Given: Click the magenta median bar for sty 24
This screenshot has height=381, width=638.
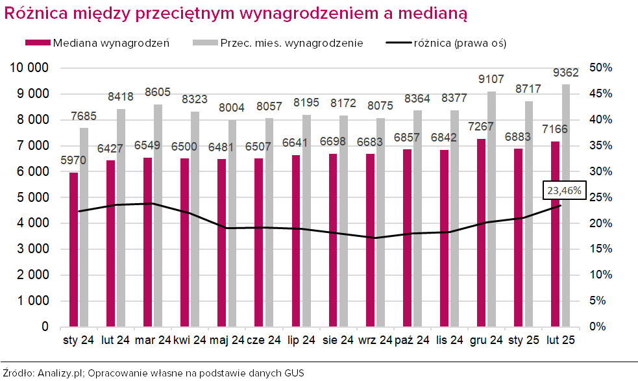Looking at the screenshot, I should pos(74,249).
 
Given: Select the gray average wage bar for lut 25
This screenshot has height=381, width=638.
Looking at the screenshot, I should pos(567,205).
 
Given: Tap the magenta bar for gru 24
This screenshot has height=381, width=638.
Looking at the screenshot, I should pos(481,232).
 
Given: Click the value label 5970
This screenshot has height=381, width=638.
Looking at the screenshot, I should pos(73,160).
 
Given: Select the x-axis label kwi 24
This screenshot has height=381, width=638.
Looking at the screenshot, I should pos(190,339).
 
